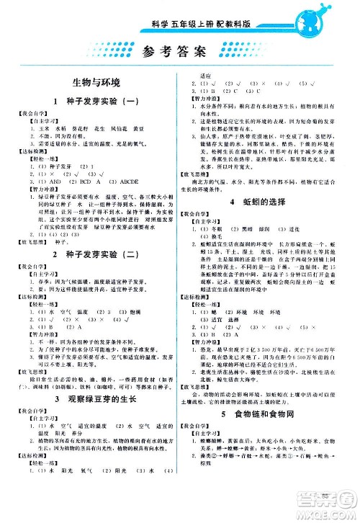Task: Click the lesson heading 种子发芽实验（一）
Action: point(101,102)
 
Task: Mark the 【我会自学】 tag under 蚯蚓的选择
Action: point(204,215)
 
